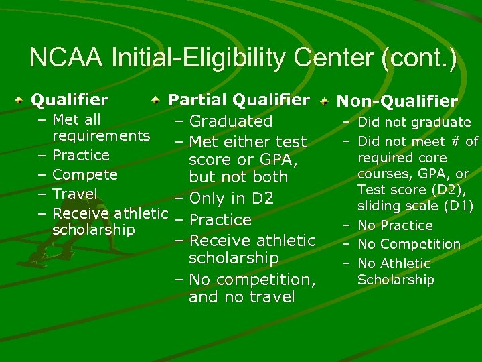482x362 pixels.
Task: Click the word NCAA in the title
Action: tap(66, 59)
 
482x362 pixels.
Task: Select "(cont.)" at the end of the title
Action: tap(418, 59)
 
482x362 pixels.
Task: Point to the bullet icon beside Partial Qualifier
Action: tap(155, 101)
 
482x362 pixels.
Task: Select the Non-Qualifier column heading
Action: tap(397, 101)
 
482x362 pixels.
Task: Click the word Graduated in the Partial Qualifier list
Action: tap(231, 121)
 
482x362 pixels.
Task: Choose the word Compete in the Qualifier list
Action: tap(85, 175)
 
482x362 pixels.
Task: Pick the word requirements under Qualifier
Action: tap(101, 136)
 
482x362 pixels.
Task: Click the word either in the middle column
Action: tap(247, 142)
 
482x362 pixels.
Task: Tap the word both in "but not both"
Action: tap(269, 177)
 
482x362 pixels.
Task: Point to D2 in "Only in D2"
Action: tap(262, 199)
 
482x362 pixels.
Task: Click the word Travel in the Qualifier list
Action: tap(75, 194)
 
